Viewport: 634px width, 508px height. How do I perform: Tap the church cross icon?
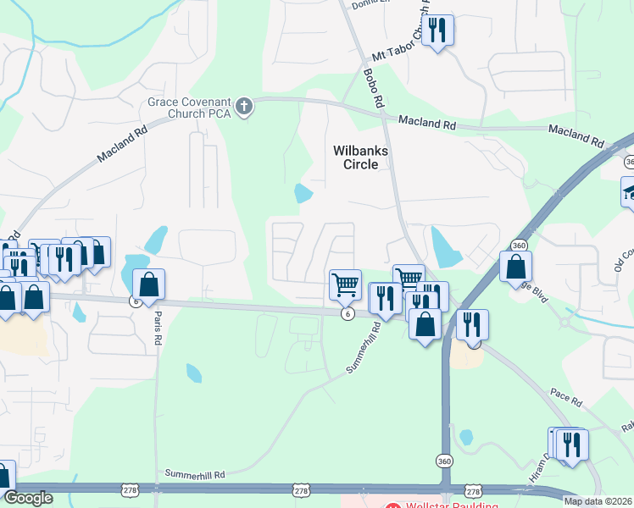click(244, 107)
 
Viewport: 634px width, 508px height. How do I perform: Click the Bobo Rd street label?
click(373, 89)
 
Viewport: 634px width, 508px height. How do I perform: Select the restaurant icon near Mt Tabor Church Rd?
click(437, 31)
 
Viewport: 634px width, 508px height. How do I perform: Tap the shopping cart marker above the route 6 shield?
click(345, 284)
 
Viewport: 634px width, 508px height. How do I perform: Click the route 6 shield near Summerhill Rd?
click(348, 314)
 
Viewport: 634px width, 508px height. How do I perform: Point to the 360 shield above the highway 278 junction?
click(445, 461)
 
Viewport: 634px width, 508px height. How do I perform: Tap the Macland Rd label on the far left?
click(122, 145)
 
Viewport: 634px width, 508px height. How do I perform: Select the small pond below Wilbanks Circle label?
click(303, 193)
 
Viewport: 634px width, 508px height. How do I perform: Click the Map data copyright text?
click(598, 501)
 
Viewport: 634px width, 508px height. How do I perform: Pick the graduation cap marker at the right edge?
click(629, 192)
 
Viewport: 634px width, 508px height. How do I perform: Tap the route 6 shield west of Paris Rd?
click(135, 301)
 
